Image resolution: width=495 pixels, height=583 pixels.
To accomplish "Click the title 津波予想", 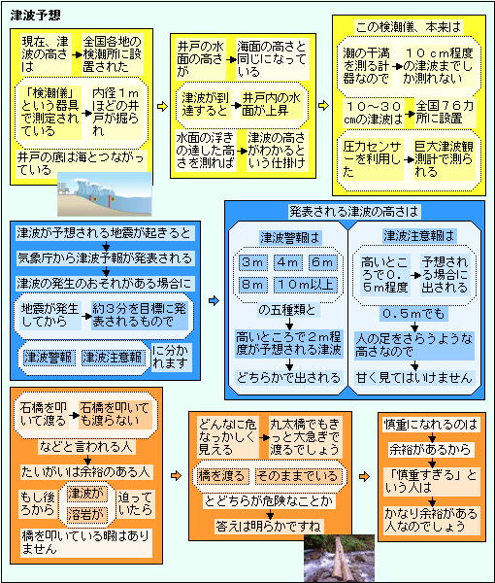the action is click(35, 16).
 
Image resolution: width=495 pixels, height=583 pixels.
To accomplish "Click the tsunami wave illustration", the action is click(105, 193).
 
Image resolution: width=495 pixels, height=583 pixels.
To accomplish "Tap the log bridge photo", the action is click(339, 558).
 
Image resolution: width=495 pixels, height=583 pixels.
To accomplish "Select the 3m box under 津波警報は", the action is click(252, 262).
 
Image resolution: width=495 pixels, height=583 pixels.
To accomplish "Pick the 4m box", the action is click(288, 262).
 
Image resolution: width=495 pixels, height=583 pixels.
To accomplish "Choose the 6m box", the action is click(322, 262).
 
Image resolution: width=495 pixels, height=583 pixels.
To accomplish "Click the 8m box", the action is click(252, 285).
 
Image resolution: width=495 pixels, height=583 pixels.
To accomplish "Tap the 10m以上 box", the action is click(305, 285).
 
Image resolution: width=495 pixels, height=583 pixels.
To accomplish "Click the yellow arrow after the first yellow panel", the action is click(162, 107).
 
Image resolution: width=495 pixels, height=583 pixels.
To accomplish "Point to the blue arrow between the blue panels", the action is click(214, 300).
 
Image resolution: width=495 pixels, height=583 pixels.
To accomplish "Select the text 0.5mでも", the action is click(413, 314).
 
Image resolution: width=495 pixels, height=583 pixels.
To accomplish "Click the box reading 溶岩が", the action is click(86, 515).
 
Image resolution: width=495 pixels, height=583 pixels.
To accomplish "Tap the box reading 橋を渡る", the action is click(221, 476).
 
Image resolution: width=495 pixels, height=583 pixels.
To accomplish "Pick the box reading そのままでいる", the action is click(296, 476).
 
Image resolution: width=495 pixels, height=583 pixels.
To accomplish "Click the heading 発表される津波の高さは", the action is click(354, 212).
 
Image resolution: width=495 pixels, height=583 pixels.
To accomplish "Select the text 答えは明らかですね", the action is click(270, 526).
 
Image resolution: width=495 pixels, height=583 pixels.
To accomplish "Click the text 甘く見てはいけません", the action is click(413, 378).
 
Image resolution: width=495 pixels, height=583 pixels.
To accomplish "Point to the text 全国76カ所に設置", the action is click(445, 113).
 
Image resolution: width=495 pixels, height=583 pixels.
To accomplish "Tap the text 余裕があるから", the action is click(430, 450).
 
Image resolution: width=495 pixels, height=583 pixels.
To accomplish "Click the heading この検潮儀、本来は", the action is click(409, 27).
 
